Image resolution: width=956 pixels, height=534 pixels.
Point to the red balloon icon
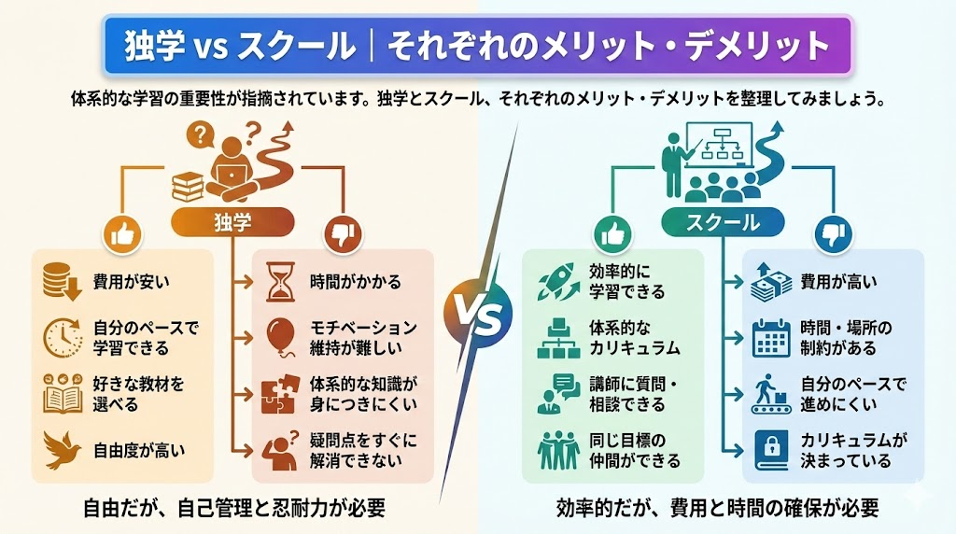pyautogui.click(x=278, y=336)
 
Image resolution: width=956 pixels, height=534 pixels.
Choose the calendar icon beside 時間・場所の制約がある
pyautogui.click(x=770, y=336)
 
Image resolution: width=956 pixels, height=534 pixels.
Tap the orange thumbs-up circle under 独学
pyautogui.click(x=121, y=235)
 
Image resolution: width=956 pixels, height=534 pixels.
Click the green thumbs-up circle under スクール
pyautogui.click(x=612, y=235)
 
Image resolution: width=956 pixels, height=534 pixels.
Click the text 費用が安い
pyautogui.click(x=132, y=279)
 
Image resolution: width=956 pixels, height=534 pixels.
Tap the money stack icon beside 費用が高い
pyautogui.click(x=770, y=281)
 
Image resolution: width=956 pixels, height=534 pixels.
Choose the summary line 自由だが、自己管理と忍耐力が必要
pyautogui.click(x=233, y=508)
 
